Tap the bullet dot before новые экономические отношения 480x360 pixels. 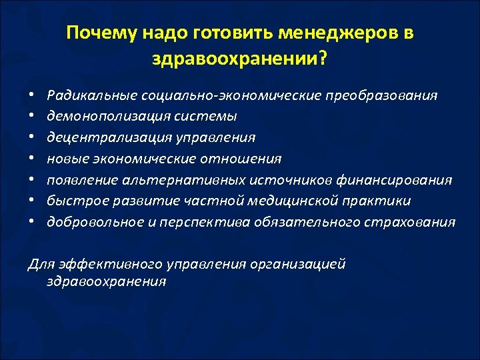pos(31,159)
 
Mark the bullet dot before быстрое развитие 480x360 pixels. pos(31,201)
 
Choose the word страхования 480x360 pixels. pos(414,223)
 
